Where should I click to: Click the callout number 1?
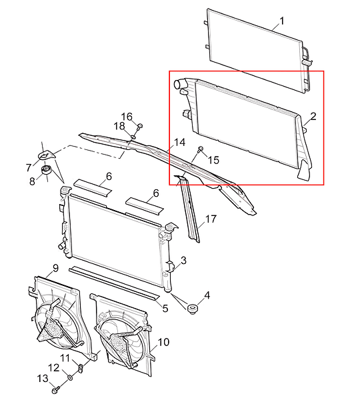[x=282, y=21]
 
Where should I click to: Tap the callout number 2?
[x=313, y=116]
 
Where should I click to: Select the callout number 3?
[x=183, y=261]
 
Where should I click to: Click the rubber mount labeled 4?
[x=193, y=309]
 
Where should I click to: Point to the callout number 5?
[x=165, y=309]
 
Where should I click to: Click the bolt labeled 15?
[x=200, y=149]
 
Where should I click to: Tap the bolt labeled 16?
[x=140, y=127]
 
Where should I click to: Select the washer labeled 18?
[x=133, y=137]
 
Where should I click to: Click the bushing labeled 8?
[x=47, y=169]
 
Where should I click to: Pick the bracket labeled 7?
[x=46, y=155]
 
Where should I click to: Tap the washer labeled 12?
[x=69, y=377]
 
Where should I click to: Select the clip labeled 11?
[x=81, y=368]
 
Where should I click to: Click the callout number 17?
[x=211, y=219]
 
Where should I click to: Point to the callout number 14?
[x=180, y=142]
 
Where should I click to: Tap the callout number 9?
[x=55, y=268]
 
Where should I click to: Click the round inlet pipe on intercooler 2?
[x=179, y=84]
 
